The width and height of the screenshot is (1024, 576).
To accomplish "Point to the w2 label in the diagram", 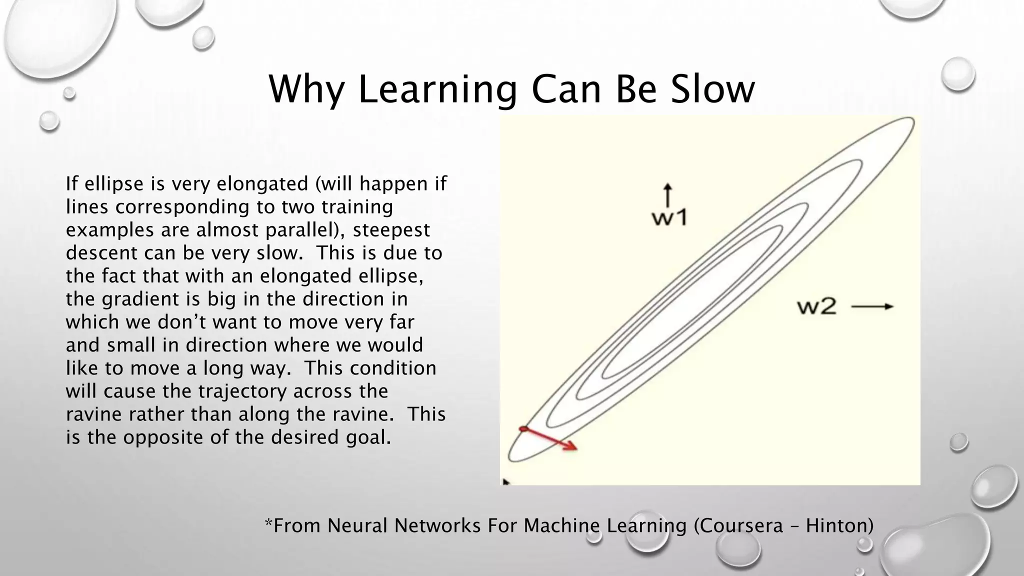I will (x=816, y=306).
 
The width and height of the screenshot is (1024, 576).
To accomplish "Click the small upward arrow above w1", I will (x=667, y=194).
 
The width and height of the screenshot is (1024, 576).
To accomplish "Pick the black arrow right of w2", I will (x=872, y=306).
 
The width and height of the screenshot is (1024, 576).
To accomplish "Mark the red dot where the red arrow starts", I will (x=523, y=428).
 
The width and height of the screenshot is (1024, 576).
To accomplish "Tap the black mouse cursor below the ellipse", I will (x=505, y=482).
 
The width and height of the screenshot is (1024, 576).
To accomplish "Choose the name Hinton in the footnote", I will (x=839, y=525).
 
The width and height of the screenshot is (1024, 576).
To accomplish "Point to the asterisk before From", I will (x=268, y=522).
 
